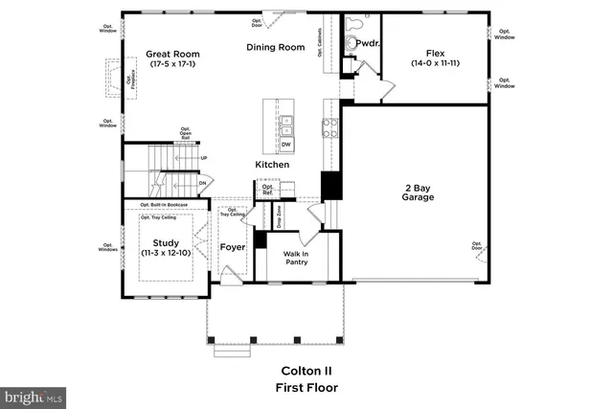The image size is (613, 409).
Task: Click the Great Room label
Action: click(172, 55)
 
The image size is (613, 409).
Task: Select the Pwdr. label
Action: click(368, 43)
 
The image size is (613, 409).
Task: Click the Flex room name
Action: click(435, 55)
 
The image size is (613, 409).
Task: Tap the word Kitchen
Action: click(272, 165)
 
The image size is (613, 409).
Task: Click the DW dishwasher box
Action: click(286, 145)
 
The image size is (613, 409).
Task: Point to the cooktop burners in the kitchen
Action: click(330, 129)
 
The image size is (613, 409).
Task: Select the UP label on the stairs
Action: click(203, 158)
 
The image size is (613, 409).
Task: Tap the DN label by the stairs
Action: click(202, 182)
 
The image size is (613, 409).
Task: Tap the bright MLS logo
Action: click(34, 395)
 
